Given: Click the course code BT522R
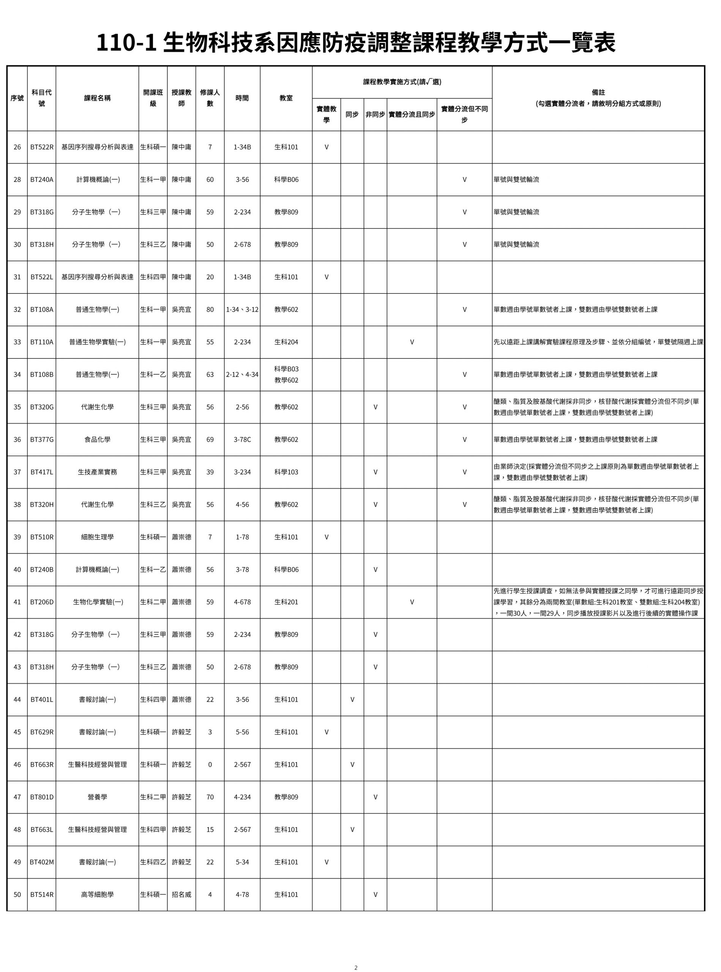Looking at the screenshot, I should tap(42, 147).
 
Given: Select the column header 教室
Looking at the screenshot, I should tap(286, 98).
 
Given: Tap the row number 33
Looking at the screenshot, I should tap(17, 342).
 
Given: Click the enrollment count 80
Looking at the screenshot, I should tap(210, 309).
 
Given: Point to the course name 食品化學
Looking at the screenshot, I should tap(97, 440).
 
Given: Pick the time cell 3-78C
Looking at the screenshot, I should tap(242, 440).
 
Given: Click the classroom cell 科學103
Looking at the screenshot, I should tap(286, 472).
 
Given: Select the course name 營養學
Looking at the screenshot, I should tap(97, 797).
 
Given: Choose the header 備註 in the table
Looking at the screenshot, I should tap(598, 93).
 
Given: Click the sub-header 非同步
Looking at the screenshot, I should tap(375, 114).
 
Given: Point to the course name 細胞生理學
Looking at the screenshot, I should tap(97, 537).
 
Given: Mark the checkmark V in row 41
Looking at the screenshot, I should tap(412, 602).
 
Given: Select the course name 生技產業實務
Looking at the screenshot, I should tap(97, 472).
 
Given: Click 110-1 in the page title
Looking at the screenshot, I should tap(126, 43).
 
